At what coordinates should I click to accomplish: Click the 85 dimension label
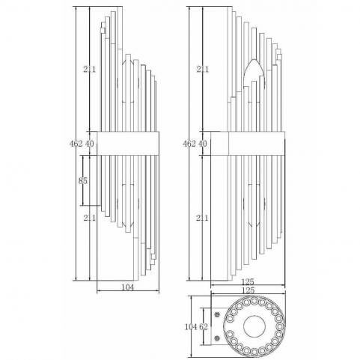point(83,180)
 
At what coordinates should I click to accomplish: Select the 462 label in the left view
point(76,144)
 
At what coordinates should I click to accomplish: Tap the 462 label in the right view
point(189,144)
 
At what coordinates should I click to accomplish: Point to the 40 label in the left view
point(90,144)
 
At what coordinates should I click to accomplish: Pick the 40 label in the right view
point(203,144)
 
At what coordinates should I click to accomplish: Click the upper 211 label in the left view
point(89,69)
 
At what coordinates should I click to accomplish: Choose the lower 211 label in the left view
point(89,218)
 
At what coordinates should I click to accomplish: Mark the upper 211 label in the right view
point(202,69)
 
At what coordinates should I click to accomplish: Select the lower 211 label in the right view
point(202,218)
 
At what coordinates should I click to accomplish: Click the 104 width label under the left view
point(127,287)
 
